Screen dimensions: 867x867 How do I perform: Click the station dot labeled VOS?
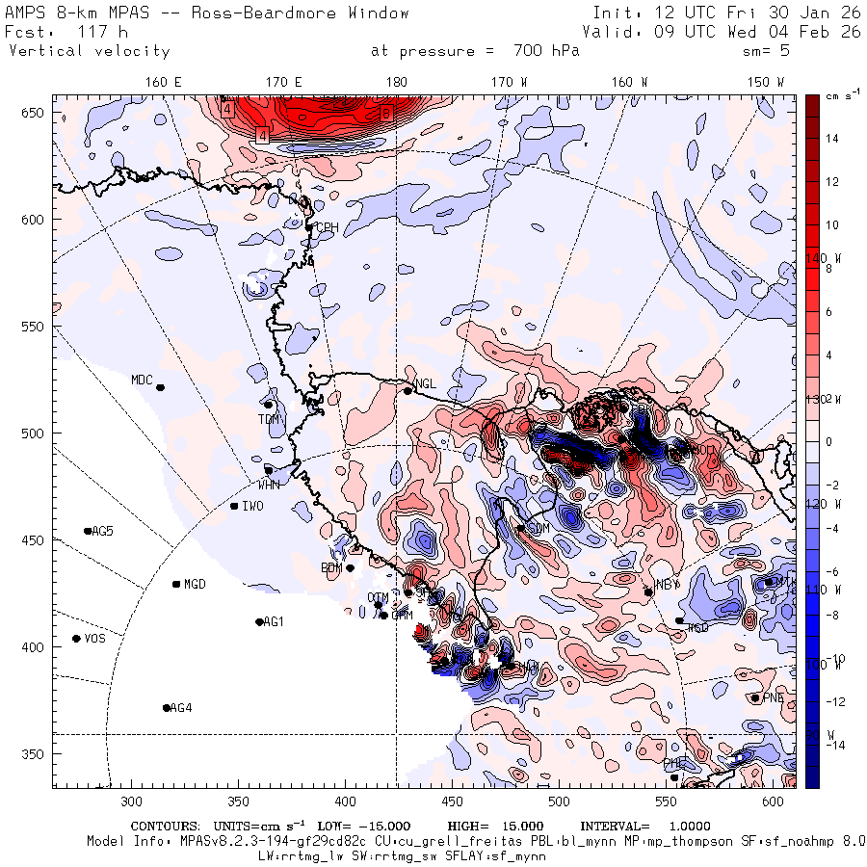[x=76, y=639]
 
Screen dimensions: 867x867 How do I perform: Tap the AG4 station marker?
[x=167, y=708]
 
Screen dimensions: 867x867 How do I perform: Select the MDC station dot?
[x=160, y=387]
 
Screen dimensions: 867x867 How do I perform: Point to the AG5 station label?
[x=101, y=531]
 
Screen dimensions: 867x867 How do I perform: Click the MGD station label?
[x=195, y=584]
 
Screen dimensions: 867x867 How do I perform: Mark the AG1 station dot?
[x=259, y=622]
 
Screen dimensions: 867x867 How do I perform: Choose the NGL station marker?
[x=407, y=390]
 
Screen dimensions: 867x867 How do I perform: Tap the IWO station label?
[x=252, y=506]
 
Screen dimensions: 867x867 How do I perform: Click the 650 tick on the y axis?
[x=35, y=114]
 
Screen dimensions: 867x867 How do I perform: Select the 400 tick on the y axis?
[x=35, y=647]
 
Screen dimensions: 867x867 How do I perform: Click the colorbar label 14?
[x=831, y=139]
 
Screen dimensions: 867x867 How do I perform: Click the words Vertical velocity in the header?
[x=89, y=51]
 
